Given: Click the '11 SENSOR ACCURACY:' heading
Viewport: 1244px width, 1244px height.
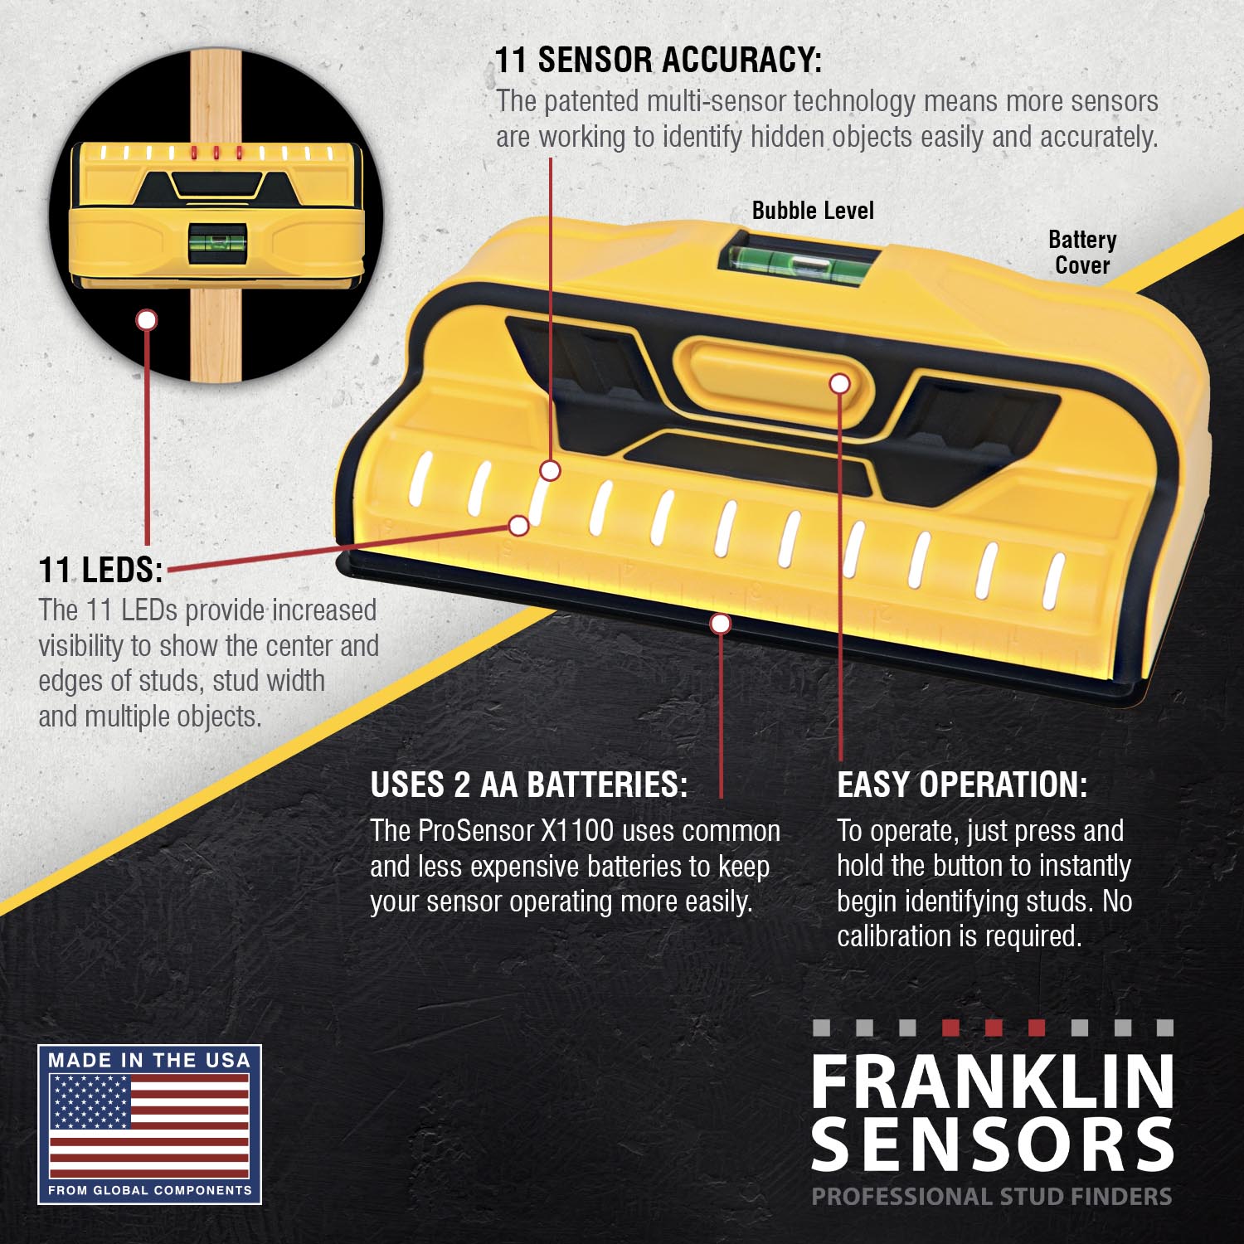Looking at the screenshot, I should point(658,61).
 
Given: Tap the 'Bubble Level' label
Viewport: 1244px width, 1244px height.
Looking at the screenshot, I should point(813,211).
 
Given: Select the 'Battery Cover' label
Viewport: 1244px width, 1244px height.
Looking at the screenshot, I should point(1082,252).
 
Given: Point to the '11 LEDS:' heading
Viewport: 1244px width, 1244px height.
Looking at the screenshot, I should point(100,570).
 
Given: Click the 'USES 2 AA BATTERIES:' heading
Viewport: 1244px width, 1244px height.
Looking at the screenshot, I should point(528,785).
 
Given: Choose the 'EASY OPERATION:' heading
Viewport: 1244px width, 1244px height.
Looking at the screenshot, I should point(961,785).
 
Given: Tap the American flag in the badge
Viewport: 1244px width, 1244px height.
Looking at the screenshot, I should point(149,1125).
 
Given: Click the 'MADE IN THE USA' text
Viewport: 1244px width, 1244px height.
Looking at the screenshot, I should point(149,1060).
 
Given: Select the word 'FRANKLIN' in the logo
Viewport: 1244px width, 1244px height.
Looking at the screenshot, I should point(993,1082).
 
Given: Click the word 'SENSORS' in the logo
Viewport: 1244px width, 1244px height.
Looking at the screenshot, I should point(993,1144).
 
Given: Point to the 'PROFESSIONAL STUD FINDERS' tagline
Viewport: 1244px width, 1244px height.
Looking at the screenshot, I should point(991,1197).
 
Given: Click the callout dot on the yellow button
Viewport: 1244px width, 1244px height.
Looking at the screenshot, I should point(840,383).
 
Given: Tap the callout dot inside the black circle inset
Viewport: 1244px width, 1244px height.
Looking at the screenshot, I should point(147,319).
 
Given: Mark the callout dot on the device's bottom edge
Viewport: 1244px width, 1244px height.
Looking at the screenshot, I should point(721,624).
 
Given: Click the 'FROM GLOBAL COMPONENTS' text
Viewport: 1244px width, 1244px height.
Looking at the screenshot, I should point(149,1190).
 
